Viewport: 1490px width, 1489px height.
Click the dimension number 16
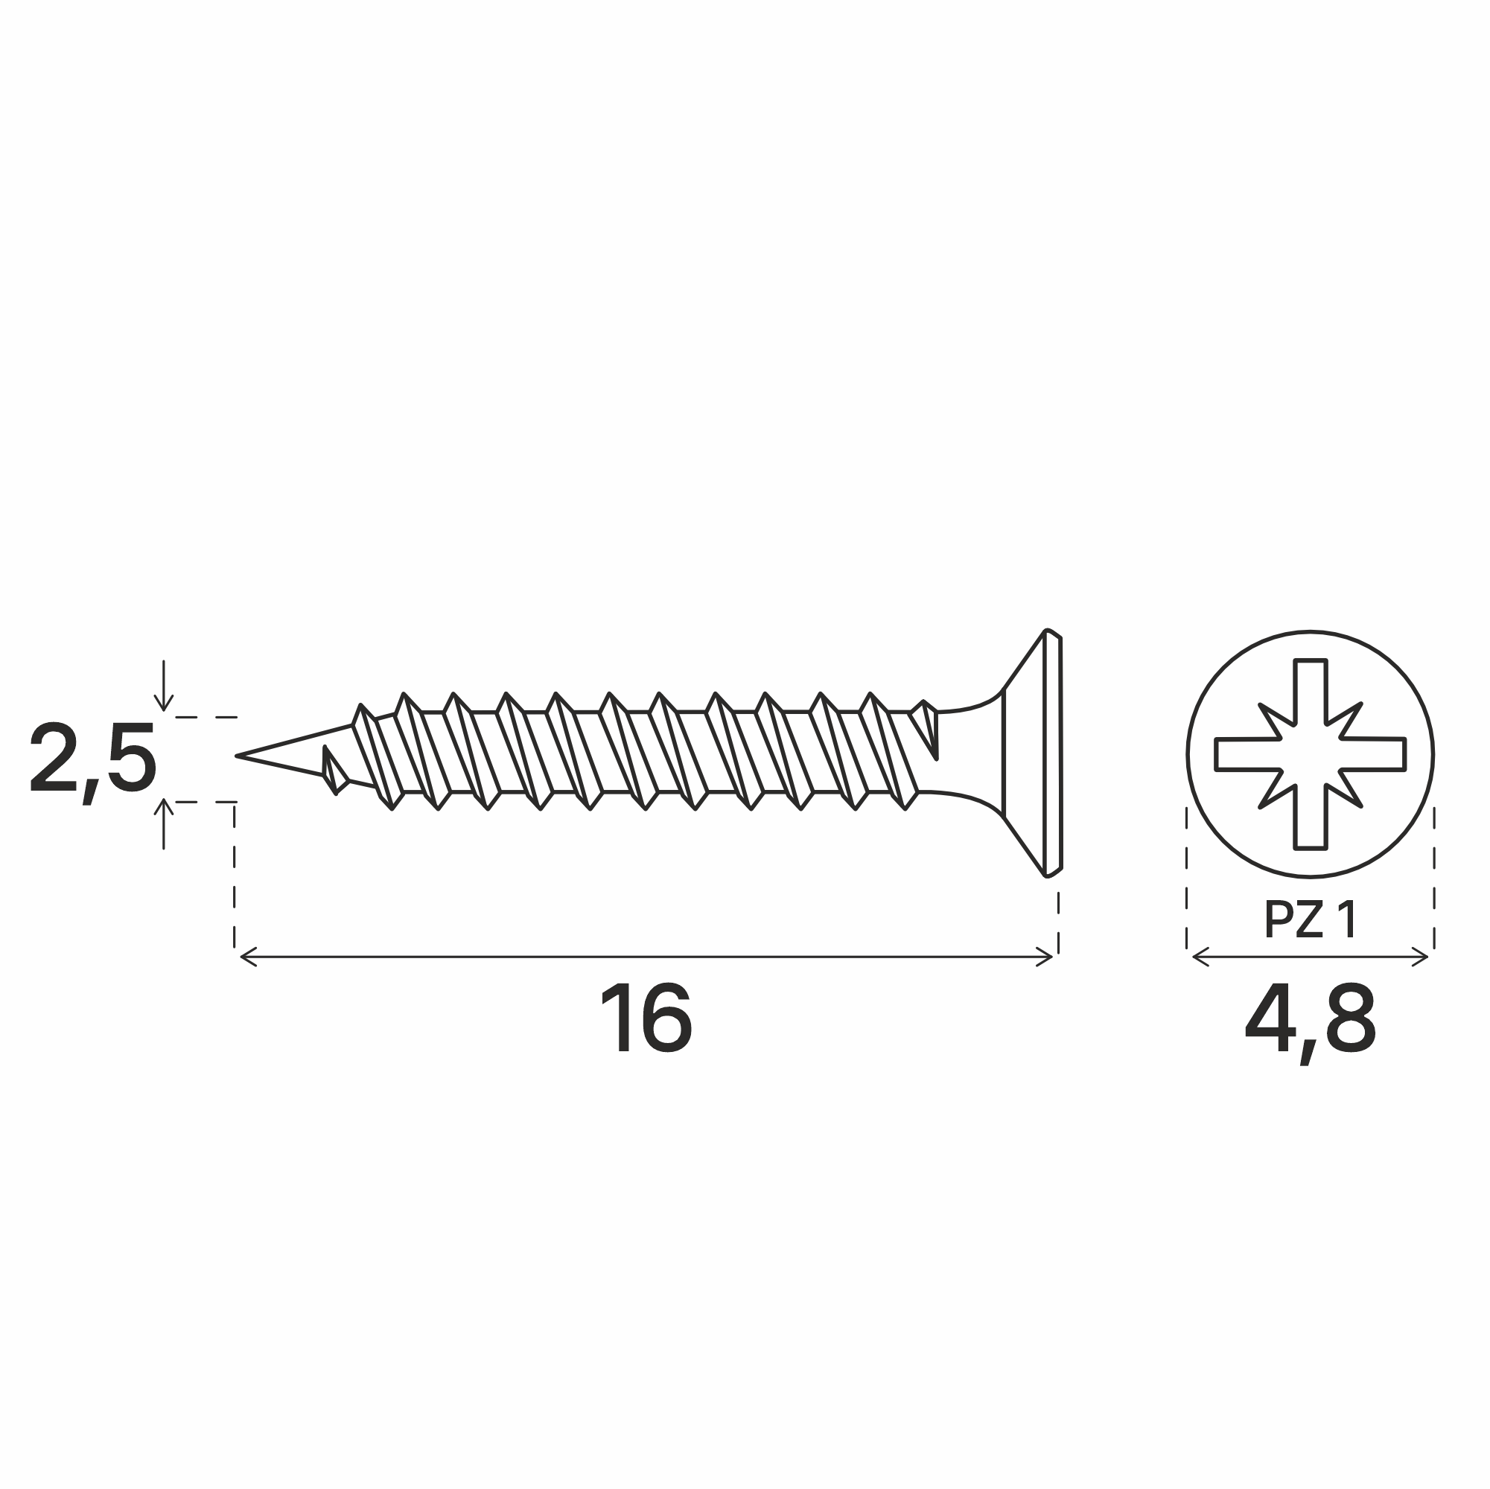point(646,1018)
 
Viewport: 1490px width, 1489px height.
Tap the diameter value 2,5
point(92,758)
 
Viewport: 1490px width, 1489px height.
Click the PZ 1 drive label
point(1311,920)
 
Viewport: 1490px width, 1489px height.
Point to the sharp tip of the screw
point(237,756)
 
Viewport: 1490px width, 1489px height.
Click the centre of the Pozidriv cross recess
point(1311,754)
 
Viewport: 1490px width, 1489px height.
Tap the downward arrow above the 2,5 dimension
point(164,686)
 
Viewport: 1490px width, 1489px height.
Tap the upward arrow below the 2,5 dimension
point(164,823)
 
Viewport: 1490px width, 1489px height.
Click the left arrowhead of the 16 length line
point(247,957)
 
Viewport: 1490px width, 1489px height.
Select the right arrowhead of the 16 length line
point(1044,957)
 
